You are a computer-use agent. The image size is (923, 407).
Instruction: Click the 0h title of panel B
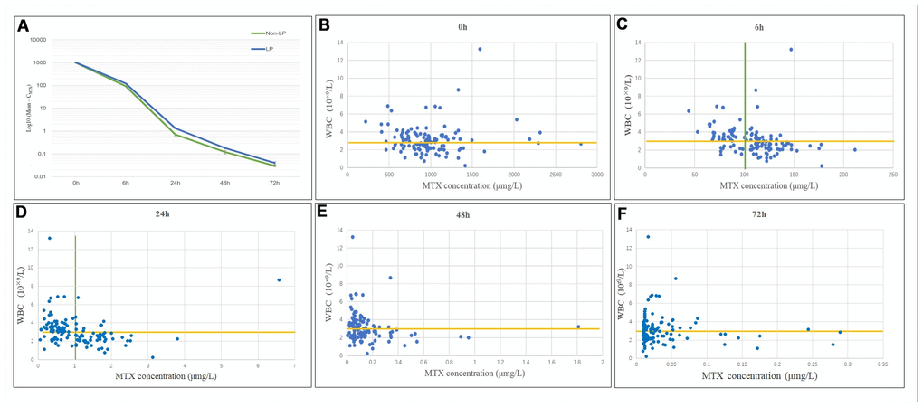[462, 27]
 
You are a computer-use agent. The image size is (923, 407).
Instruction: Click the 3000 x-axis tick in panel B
[596, 175]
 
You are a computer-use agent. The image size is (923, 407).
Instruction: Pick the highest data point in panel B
[480, 49]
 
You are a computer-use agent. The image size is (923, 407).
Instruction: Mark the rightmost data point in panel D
[279, 280]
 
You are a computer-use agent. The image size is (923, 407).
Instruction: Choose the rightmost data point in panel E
[578, 327]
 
